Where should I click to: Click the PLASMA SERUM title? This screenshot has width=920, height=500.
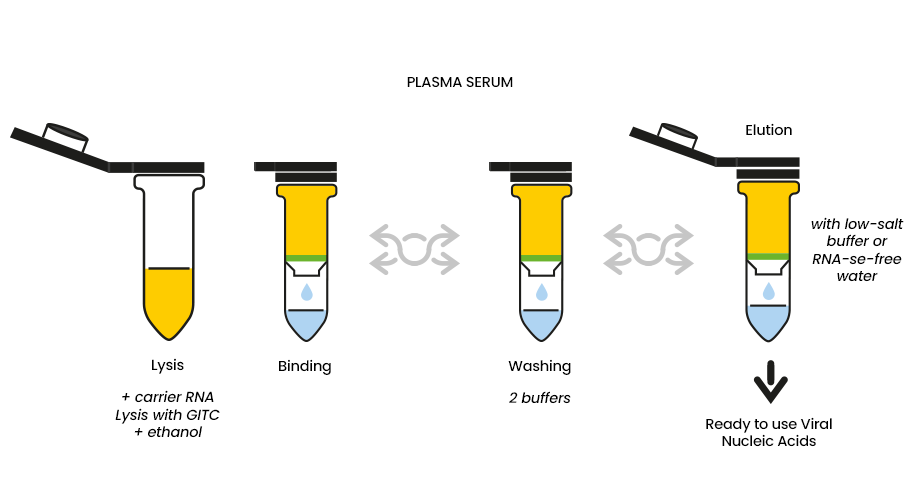click(x=459, y=82)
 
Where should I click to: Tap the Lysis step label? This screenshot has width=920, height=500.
click(x=167, y=365)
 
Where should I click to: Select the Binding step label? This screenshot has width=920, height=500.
click(x=305, y=366)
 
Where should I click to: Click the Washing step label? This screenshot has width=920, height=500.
click(x=540, y=366)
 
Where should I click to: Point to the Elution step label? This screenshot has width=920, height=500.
click(x=769, y=130)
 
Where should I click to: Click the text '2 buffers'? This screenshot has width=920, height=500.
click(x=540, y=398)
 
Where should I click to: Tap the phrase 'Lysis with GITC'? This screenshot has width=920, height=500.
click(x=167, y=415)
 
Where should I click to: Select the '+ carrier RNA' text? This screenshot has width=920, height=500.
click(x=168, y=397)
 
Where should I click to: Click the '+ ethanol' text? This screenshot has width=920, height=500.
click(x=168, y=432)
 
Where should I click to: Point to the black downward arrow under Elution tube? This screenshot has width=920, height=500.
click(x=770, y=382)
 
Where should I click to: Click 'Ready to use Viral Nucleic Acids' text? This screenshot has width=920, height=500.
click(x=769, y=433)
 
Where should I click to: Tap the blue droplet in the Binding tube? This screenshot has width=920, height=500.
click(x=306, y=292)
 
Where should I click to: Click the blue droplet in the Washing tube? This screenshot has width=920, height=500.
click(x=542, y=292)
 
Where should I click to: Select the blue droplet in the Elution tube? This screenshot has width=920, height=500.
click(x=768, y=290)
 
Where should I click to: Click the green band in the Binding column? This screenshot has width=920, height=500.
click(x=306, y=258)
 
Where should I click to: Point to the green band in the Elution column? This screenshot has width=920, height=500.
click(x=768, y=256)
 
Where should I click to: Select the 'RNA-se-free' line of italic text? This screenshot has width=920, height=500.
click(x=857, y=259)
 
